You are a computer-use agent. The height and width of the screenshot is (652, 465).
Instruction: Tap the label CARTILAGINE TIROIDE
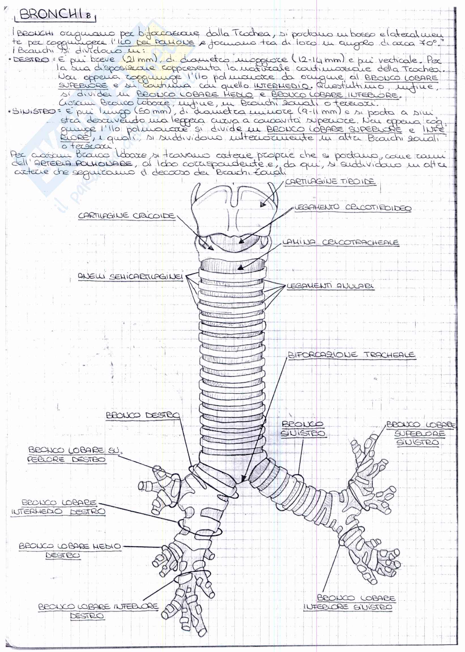point(330,182)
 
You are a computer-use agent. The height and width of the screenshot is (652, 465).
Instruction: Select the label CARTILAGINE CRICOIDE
point(127,215)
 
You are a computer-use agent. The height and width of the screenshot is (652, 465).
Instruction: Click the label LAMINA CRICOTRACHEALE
point(340,242)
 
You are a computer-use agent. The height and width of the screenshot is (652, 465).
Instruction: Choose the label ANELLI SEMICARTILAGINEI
point(130,277)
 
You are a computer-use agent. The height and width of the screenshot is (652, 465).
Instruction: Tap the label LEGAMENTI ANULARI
point(330,286)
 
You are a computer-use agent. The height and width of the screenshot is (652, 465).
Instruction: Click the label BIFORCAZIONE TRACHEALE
point(351,355)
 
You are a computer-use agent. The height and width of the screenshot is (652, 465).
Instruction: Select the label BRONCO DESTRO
point(143,415)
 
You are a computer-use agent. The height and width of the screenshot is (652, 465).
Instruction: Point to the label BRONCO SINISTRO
point(303,428)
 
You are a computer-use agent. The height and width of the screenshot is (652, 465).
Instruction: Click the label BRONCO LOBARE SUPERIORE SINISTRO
point(419,433)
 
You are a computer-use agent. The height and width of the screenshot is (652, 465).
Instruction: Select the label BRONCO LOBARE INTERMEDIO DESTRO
point(58,507)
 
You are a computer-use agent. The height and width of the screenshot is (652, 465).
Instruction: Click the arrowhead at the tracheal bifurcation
point(243,478)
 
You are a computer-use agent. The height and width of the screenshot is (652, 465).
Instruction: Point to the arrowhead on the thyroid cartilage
point(262,204)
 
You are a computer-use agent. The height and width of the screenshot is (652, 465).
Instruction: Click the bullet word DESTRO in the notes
point(31,60)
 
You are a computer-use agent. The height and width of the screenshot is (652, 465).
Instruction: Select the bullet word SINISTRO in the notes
point(33,111)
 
